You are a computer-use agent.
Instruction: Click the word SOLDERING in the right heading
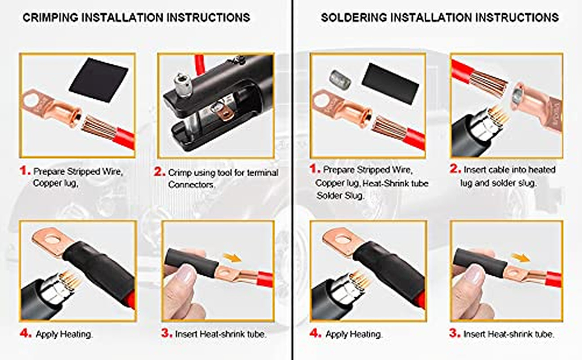[354, 18]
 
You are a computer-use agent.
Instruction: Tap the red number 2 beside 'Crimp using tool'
[159, 171]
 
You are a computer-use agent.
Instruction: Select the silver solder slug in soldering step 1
[340, 79]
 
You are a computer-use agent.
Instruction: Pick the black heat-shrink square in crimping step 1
[98, 80]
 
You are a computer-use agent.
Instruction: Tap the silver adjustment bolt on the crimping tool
[183, 85]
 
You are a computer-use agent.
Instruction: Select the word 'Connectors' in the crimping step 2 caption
[192, 184]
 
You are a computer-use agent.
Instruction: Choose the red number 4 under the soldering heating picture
[315, 333]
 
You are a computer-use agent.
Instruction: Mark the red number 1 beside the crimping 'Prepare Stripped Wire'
[25, 171]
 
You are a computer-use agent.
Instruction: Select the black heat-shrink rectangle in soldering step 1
[390, 83]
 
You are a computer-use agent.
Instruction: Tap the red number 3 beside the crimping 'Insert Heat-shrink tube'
[166, 333]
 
